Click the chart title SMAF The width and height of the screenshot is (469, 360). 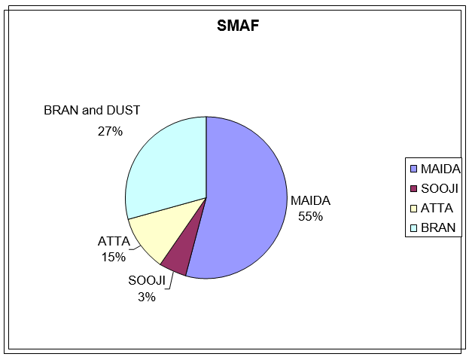(238, 26)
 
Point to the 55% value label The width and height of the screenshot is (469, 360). (310, 216)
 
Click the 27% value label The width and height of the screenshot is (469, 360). (110, 131)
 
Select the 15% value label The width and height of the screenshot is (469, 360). (114, 257)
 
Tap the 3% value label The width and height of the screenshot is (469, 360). (147, 297)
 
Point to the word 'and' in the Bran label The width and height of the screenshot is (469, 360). (93, 110)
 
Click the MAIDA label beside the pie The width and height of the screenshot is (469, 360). (310, 200)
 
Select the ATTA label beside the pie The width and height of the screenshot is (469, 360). (114, 241)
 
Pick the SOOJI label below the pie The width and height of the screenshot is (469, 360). (147, 280)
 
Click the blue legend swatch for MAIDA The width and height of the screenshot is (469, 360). (413, 169)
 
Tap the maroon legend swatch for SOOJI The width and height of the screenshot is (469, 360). (413, 188)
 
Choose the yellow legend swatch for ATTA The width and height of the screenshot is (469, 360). (413, 209)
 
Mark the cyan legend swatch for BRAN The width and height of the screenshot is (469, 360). (413, 227)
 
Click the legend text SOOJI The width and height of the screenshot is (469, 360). (440, 188)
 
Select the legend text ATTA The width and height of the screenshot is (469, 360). (437, 209)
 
